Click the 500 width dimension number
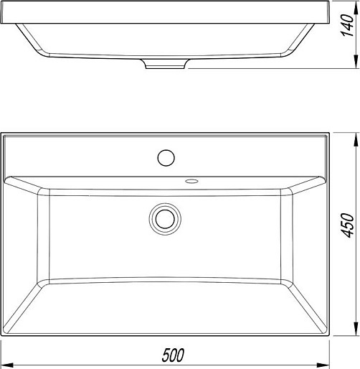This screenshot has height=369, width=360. [172, 355]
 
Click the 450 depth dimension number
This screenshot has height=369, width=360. [348, 226]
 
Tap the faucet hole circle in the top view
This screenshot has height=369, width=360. [166, 157]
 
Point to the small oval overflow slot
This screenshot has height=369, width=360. [191, 181]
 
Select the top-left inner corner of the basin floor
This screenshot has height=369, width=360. [37, 193]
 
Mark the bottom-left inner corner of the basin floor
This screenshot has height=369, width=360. [37, 280]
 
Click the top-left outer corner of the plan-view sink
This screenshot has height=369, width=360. [1, 132]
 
